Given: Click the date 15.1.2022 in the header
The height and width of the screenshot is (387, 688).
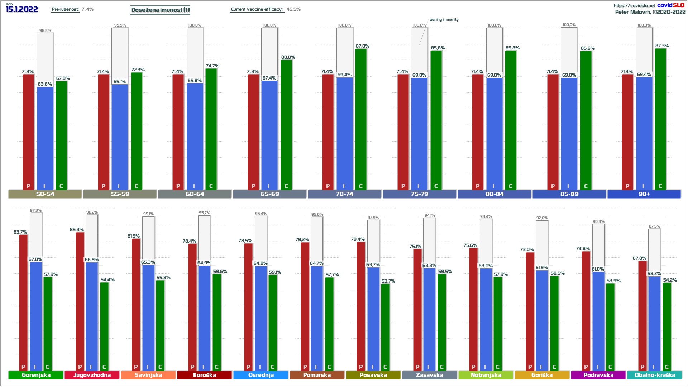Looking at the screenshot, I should [x=22, y=9].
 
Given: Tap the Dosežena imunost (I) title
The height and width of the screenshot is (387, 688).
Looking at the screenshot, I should [x=160, y=10].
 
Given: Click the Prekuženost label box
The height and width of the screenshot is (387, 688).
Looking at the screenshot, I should [x=65, y=9].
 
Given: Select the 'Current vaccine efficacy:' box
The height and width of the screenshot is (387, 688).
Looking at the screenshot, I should [x=257, y=9].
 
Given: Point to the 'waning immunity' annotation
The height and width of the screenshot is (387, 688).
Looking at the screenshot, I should [x=444, y=20].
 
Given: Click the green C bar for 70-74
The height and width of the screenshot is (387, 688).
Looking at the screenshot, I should [x=361, y=118].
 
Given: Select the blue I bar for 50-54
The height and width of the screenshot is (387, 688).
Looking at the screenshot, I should [x=45, y=138].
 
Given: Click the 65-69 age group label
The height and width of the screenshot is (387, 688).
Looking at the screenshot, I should [x=269, y=194].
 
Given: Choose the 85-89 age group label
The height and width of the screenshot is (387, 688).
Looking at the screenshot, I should [x=569, y=194].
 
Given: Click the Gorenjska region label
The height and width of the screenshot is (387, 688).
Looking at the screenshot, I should [x=36, y=375].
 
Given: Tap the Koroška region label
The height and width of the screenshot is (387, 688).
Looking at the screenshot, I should [x=204, y=375].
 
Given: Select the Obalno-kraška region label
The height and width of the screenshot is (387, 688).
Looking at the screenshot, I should [x=655, y=375].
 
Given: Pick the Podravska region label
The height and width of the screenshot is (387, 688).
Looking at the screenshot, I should [x=598, y=375].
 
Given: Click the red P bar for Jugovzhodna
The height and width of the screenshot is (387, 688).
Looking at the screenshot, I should [x=80, y=301].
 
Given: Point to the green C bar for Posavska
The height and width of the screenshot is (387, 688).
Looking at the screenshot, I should [x=385, y=326].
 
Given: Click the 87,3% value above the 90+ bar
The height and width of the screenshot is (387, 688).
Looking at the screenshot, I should [x=662, y=46].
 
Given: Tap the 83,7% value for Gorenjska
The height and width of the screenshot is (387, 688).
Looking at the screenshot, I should [x=20, y=232].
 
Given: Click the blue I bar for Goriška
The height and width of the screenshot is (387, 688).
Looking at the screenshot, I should [x=542, y=319].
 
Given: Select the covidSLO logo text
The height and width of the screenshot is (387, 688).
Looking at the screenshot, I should [x=670, y=5].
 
